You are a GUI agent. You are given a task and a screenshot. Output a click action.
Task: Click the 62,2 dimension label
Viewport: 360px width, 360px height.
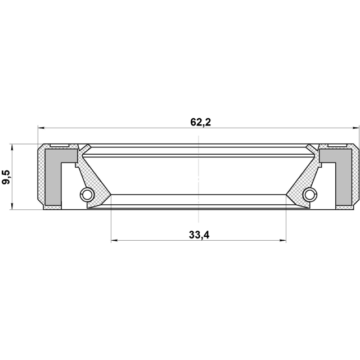point(200,123)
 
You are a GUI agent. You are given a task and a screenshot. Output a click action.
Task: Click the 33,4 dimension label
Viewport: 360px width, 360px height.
point(199,235)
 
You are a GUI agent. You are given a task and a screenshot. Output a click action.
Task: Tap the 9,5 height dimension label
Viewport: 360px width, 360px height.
point(6,177)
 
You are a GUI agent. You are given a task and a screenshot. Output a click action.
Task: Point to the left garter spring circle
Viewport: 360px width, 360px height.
point(87,195)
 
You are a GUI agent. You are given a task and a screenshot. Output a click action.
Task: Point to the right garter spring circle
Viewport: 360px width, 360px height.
point(310,195)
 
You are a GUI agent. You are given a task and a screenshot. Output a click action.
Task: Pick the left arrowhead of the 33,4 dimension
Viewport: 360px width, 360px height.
point(114,240)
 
